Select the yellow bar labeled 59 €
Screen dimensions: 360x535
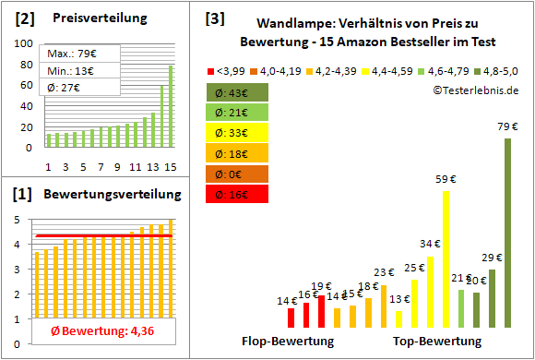pos(446,259)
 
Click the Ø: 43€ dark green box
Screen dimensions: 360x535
pos(237,92)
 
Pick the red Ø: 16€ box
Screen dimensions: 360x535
pos(237,194)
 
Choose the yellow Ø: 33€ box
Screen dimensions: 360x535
pos(237,133)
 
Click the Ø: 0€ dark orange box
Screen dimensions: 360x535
pos(237,174)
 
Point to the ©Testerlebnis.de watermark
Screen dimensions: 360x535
pos(474,90)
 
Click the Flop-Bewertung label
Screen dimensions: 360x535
pos(288,341)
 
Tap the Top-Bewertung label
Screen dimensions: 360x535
pos(437,341)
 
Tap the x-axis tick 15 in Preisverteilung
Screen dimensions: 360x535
pos(170,166)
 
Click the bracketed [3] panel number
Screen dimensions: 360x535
pos(214,18)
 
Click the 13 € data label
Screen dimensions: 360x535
pos(399,299)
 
